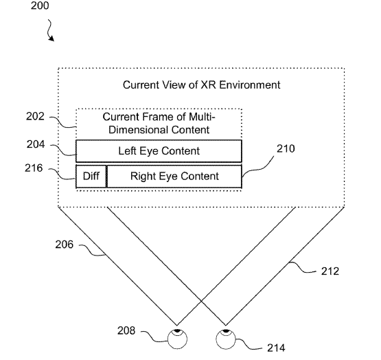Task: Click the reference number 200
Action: (40, 5)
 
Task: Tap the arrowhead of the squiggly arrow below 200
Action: (52, 38)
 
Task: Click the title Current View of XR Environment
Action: (201, 85)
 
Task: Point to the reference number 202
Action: (36, 117)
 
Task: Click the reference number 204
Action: (36, 144)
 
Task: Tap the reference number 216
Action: (34, 168)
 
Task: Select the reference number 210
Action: (286, 148)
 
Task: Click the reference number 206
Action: (64, 245)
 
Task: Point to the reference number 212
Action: (330, 271)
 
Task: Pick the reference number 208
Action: (126, 330)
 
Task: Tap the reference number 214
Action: (276, 348)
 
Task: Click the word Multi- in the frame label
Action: (202, 117)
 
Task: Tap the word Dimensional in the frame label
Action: (137, 130)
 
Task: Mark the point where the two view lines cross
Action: (201, 302)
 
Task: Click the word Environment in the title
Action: (250, 85)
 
